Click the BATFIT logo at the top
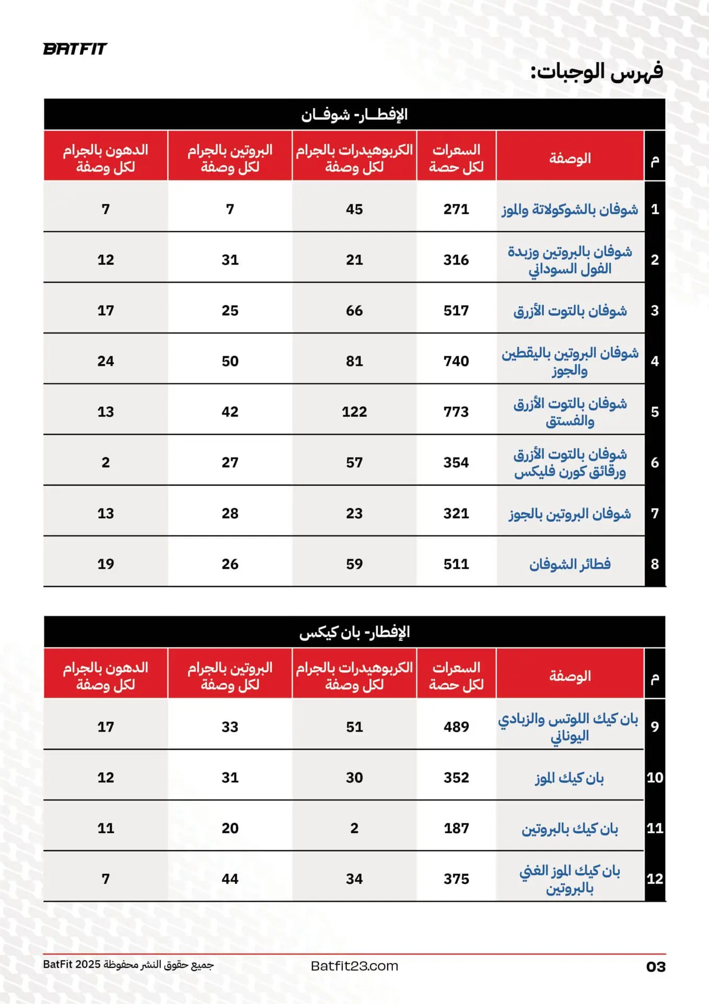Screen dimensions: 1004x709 pos(75,49)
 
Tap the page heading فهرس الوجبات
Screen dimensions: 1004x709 pos(597,72)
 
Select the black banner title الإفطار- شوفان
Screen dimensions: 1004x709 pos(354,115)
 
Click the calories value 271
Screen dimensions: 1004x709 pos(456,209)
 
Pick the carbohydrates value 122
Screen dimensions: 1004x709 pos(354,412)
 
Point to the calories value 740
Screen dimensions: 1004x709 pos(456,361)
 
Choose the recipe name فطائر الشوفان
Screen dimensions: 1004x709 pos(570,564)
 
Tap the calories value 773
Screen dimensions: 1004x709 pos(456,412)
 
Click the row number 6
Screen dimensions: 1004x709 pos(655,463)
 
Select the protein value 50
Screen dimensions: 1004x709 pos(230,361)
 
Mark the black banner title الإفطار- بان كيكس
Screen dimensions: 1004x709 pos(354,632)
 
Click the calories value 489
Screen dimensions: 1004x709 pos(456,727)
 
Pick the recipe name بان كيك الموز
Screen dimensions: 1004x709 pos(569,778)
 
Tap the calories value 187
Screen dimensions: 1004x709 pos(456,828)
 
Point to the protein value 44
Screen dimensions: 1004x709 pos(230,879)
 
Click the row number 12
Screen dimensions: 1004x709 pos(655,879)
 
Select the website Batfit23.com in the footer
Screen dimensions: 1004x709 pos(354,966)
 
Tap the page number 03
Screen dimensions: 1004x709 pos(656,967)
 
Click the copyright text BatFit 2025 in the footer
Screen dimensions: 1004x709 pos(129,964)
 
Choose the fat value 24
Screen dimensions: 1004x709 pos(106,361)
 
